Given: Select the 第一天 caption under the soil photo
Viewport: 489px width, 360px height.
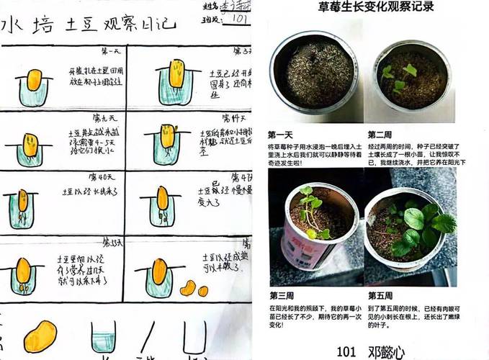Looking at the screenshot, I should point(282,135).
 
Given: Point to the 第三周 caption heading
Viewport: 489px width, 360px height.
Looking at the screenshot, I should point(282,295).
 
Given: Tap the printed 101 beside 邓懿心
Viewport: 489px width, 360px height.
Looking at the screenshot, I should point(346,351).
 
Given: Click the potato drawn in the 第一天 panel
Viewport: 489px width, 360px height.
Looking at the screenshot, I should point(32,78).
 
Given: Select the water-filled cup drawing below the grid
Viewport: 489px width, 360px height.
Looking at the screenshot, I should point(104,337).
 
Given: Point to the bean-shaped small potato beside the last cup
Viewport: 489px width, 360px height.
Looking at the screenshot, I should point(188,289).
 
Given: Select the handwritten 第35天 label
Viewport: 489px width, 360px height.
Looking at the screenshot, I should point(112,241).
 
